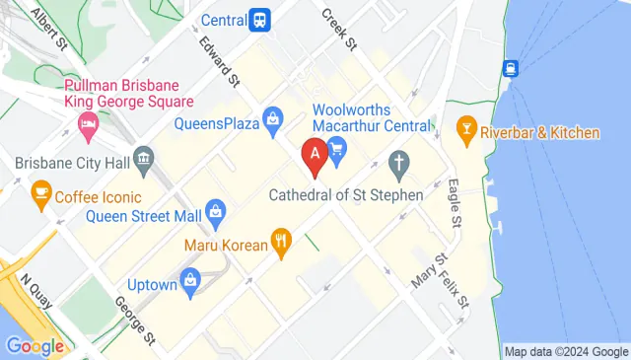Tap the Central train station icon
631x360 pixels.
tap(260, 19)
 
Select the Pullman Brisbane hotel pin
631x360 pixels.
tap(86, 126)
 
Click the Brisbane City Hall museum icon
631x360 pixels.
tap(145, 158)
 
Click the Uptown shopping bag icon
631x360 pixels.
tap(191, 280)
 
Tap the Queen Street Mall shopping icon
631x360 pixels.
tap(217, 210)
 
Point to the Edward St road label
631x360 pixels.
tap(219, 61)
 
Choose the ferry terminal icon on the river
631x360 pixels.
tap(510, 69)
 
